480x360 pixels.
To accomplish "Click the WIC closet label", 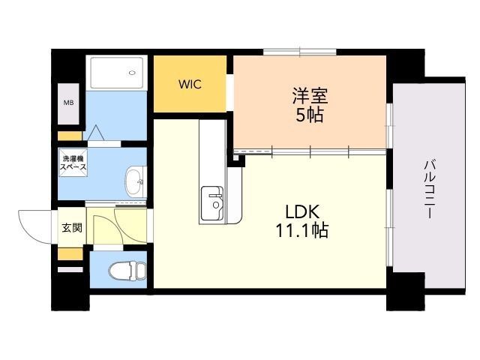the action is [190, 84].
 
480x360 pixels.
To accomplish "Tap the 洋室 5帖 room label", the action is [310, 105].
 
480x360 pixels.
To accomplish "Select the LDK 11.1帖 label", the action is [302, 221].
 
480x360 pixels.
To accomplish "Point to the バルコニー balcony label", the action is [430, 190].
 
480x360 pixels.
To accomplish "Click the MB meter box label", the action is [68, 103].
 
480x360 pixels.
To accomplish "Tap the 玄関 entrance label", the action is [72, 228].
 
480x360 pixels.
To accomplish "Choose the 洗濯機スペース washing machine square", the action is [73, 163].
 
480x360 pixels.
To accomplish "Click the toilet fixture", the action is [127, 270].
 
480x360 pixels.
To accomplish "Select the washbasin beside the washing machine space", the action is [136, 182].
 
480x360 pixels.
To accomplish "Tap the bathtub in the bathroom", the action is [117, 73].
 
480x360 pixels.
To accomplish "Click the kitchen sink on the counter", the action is [211, 203].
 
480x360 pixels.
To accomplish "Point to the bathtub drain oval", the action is [132, 73].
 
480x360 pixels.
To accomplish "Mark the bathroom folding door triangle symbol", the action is [96, 133].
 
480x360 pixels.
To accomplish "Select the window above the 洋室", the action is [300, 52].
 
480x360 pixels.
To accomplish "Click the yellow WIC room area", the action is [190, 84].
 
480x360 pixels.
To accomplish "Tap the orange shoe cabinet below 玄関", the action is [70, 254].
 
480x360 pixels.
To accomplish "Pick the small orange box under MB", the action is [70, 136].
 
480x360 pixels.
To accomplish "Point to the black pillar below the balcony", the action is [406, 292].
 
